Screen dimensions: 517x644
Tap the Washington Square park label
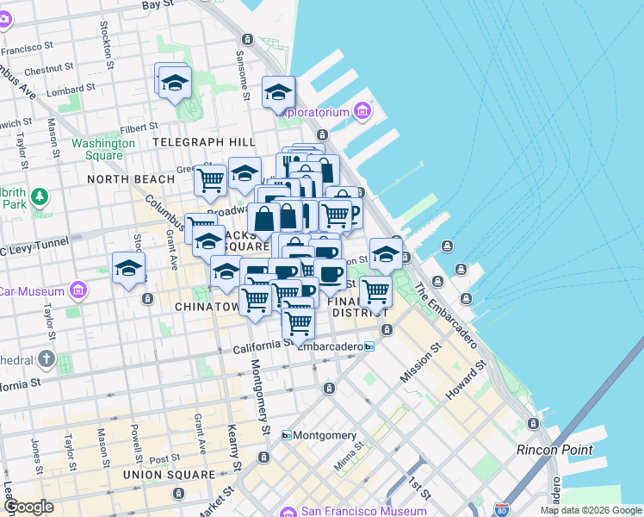(x=103, y=149)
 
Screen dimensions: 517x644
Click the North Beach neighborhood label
(x=131, y=178)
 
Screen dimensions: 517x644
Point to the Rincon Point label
(x=554, y=450)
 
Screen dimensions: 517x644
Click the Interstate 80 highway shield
(x=503, y=510)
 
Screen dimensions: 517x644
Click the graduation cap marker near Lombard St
(x=175, y=83)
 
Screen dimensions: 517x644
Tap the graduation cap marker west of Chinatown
(x=128, y=268)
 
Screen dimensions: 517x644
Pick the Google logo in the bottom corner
(x=28, y=507)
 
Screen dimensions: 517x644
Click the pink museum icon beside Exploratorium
(x=362, y=112)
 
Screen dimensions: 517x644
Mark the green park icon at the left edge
(x=40, y=197)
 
